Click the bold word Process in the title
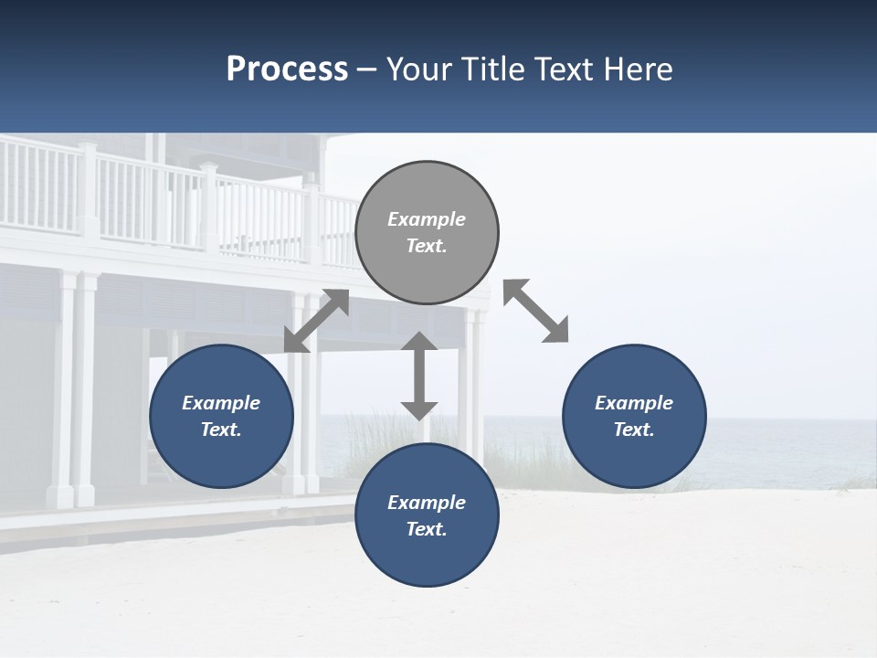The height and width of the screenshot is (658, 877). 287,69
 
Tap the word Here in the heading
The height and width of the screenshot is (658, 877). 637,69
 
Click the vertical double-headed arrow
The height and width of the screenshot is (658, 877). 419,376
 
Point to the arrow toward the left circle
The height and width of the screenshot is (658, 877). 316,321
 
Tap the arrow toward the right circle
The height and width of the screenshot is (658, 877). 535,311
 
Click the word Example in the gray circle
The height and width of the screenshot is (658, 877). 427,219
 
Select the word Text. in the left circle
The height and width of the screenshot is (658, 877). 221,430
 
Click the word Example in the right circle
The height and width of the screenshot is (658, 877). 634,403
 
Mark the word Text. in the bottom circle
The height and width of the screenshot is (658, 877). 427,529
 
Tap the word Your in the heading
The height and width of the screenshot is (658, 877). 417,69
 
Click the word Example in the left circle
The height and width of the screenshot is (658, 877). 221,403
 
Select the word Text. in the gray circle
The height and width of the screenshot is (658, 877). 427,246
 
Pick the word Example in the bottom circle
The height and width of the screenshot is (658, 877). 427,503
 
